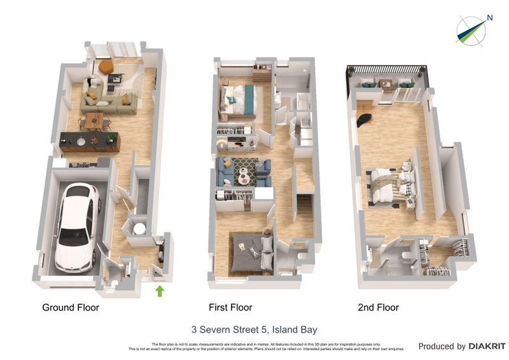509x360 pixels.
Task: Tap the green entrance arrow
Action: coord(160,291)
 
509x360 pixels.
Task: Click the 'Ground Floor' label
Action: coord(71,308)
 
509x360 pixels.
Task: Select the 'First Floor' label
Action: coord(230,308)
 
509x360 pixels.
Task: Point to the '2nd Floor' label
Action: coord(378,308)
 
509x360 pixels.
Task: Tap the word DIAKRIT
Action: coord(487,347)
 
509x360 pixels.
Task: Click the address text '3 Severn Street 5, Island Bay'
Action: coord(254,329)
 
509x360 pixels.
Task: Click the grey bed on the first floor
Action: coord(250,251)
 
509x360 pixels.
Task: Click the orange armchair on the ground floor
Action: coord(106,66)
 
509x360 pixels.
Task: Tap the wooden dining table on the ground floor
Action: coord(94,118)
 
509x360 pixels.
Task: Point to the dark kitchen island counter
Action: coord(89,141)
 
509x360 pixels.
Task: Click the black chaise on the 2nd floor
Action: coord(364,117)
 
